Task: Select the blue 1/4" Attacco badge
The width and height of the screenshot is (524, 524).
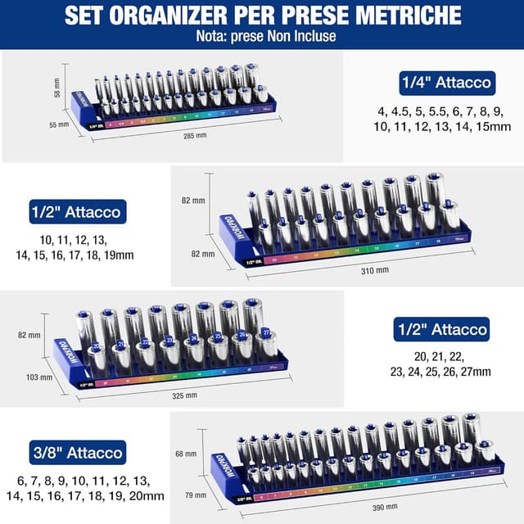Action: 446,82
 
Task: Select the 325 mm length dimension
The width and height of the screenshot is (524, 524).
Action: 184,395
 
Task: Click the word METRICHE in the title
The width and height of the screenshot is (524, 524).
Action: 418,16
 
